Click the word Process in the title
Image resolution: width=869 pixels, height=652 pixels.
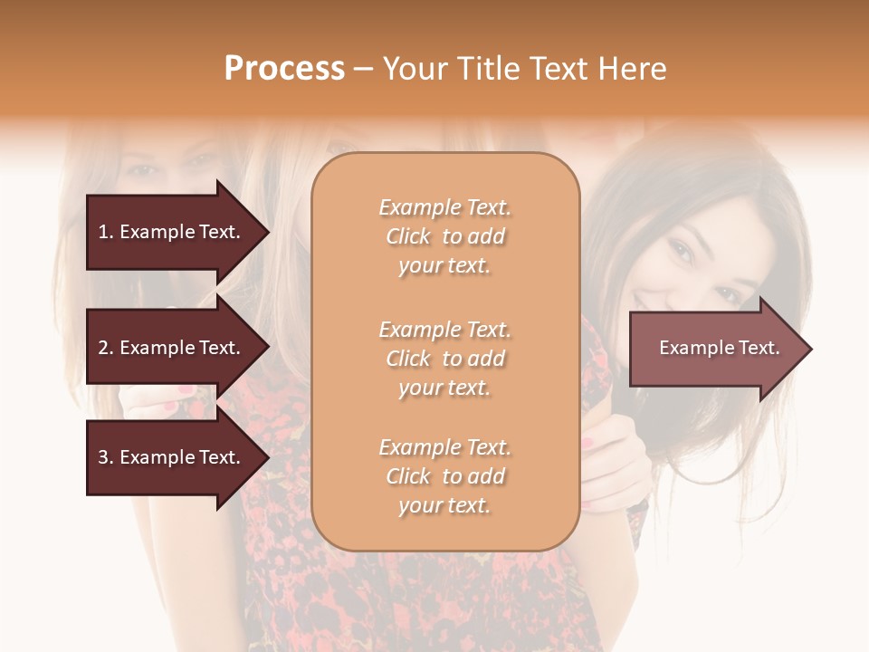pos(284,69)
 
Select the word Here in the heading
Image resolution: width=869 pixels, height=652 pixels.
pos(633,69)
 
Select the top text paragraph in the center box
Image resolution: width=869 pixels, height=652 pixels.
pos(444,236)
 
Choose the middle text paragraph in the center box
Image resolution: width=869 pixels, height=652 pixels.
pos(444,359)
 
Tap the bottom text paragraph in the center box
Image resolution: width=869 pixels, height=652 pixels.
pos(444,476)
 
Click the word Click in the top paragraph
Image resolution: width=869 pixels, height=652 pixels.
pos(408,236)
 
